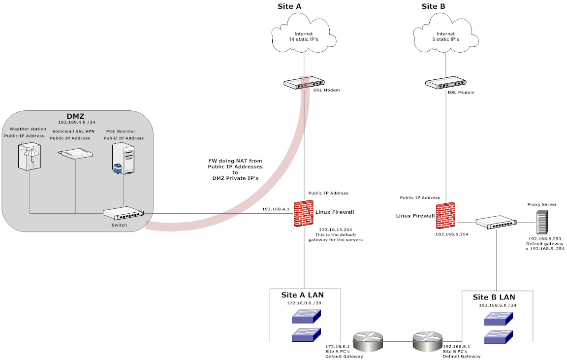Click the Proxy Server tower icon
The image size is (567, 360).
(x=542, y=222)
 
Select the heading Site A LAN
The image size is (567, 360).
(x=302, y=295)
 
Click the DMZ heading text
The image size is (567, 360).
(x=75, y=115)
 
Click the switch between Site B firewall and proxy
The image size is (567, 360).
(x=497, y=223)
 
